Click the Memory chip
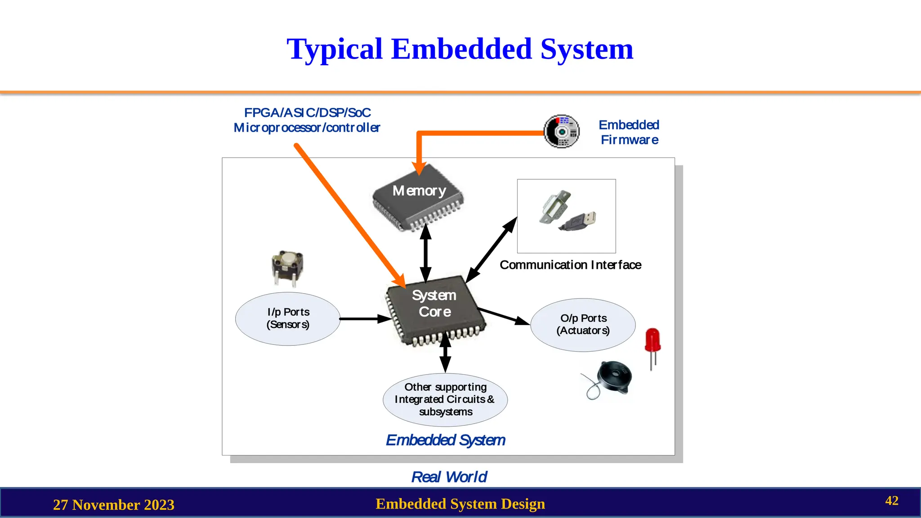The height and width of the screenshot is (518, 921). click(418, 198)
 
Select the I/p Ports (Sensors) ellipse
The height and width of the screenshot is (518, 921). click(288, 318)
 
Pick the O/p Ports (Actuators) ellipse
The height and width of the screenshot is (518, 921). click(583, 325)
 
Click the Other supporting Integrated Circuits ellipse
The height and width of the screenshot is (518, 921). click(445, 399)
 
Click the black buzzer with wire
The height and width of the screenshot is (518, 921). click(613, 378)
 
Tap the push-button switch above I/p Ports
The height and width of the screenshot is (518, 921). click(287, 267)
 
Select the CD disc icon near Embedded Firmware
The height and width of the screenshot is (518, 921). click(561, 131)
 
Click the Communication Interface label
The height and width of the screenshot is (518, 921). click(570, 265)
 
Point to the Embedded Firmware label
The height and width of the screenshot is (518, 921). click(629, 132)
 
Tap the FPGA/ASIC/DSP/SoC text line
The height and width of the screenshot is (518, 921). click(307, 112)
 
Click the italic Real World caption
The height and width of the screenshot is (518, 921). click(449, 477)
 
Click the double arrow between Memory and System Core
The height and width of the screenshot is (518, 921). click(425, 253)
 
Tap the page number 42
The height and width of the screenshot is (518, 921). click(891, 500)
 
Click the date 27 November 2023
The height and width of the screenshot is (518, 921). click(114, 505)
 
